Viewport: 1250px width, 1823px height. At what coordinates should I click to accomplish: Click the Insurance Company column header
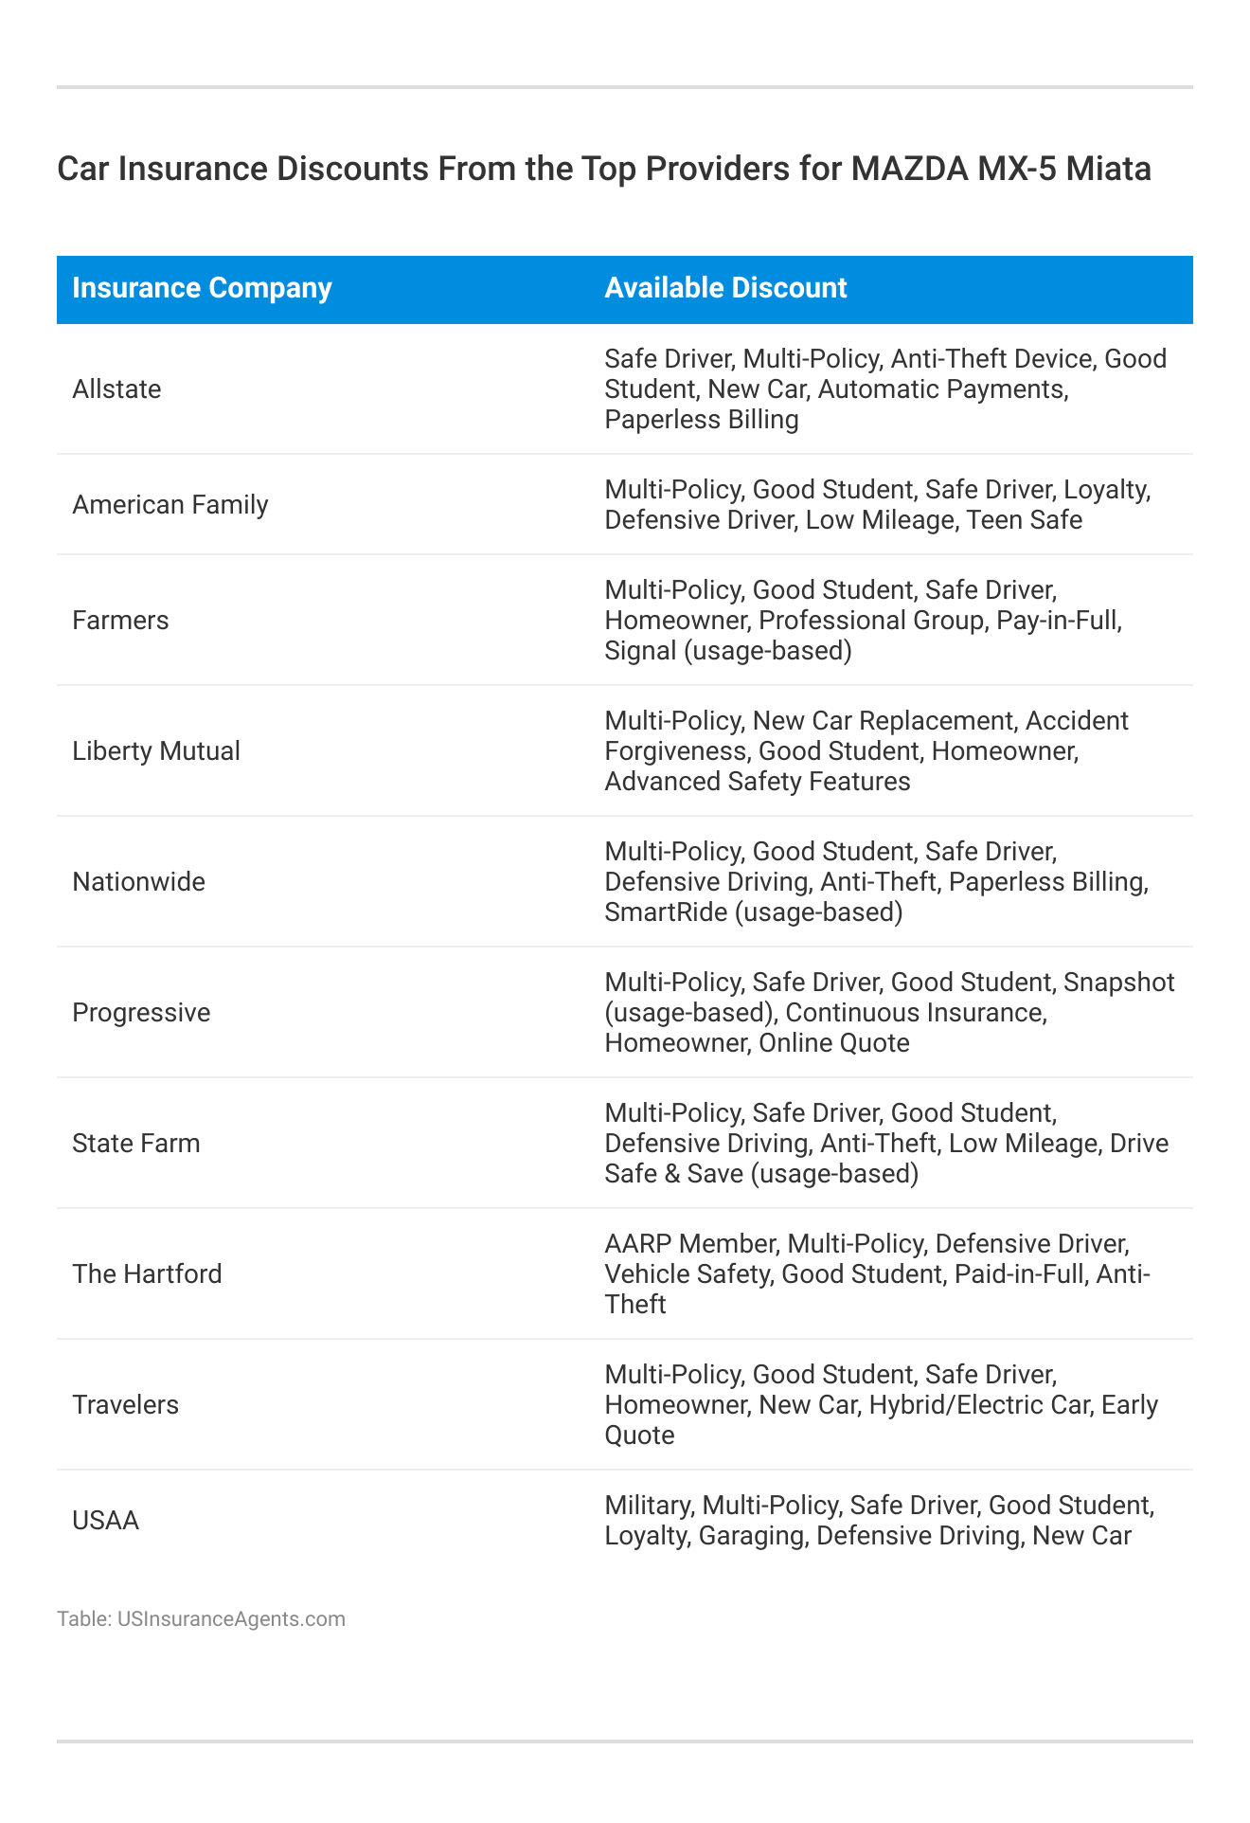(x=202, y=288)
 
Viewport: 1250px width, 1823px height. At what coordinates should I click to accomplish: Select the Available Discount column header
(x=725, y=288)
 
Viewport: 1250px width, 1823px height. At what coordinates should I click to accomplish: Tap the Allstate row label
(x=116, y=389)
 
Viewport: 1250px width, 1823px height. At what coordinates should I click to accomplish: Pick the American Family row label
(x=170, y=505)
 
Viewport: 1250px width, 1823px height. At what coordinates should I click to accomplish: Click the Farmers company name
(x=120, y=621)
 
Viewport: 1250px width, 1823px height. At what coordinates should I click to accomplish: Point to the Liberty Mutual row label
(x=156, y=751)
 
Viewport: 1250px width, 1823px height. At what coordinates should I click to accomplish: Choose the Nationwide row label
(x=138, y=882)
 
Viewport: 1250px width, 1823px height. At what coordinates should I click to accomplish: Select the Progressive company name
(x=141, y=1013)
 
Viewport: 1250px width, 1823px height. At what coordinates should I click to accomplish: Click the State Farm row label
(x=136, y=1144)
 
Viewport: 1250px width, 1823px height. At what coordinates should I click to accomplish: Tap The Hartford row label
(x=147, y=1274)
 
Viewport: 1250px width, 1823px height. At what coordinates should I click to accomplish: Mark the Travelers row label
(x=125, y=1405)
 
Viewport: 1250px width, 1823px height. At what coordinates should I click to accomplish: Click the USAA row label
(x=105, y=1521)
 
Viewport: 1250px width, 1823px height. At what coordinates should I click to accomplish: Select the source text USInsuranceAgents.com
(x=231, y=1618)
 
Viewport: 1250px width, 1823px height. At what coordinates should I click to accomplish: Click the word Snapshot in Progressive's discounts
(x=1119, y=983)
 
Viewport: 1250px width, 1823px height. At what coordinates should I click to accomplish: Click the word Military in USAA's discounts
(x=650, y=1506)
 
